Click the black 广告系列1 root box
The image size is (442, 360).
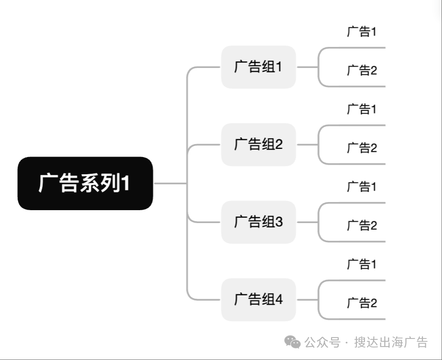[x=85, y=183]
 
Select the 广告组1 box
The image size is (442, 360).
[x=258, y=67]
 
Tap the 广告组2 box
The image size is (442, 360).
[x=258, y=145]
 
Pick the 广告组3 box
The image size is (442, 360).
[x=258, y=222]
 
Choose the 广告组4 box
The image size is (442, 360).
[x=258, y=300]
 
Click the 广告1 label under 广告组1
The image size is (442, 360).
[x=362, y=32]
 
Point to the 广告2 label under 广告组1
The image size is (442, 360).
[x=362, y=71]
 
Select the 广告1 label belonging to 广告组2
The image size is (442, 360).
[x=362, y=110]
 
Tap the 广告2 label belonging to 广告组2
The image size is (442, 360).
[x=362, y=148]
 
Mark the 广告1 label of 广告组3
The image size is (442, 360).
[x=362, y=187]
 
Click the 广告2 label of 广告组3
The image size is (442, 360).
[x=362, y=226]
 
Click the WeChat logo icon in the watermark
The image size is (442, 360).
[x=293, y=342]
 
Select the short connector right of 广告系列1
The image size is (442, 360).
[x=169, y=183]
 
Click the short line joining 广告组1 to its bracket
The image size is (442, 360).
[x=307, y=67]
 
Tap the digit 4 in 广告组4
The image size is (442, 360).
[x=278, y=300]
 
